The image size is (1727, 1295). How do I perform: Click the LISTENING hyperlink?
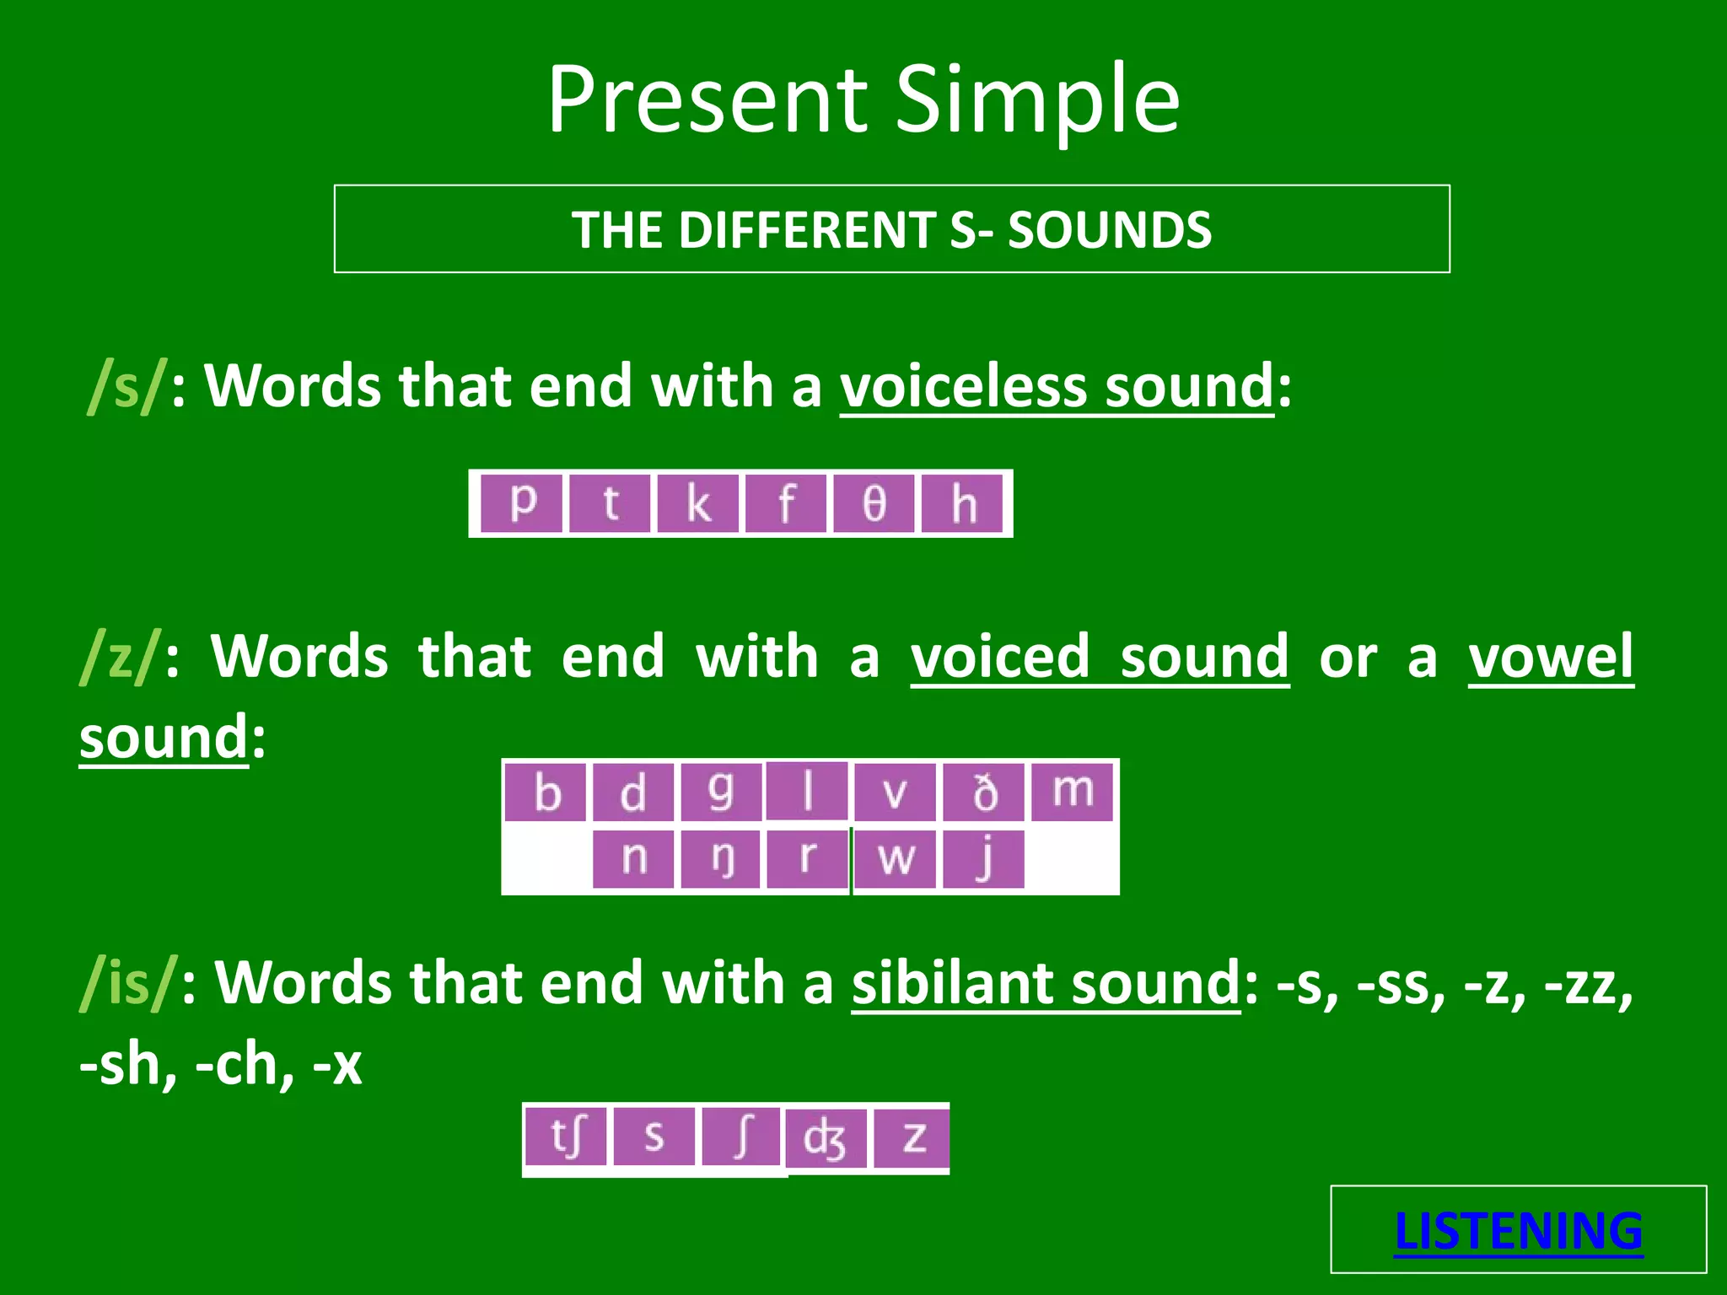(1518, 1231)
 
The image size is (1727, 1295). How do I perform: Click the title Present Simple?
(863, 99)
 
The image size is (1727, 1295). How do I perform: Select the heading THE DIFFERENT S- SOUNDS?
(891, 229)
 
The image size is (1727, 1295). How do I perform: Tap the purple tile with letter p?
(523, 503)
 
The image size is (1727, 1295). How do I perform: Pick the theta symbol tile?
(874, 503)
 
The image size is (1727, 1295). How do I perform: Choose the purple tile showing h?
(962, 503)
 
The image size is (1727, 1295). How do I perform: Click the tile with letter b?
(546, 792)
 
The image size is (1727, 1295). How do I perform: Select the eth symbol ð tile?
(983, 792)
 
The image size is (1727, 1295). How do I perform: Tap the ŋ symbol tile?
(721, 859)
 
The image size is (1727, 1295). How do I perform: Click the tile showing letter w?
(895, 859)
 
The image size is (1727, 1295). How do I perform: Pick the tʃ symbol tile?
(566, 1136)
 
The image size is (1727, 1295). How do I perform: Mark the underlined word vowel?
(1550, 656)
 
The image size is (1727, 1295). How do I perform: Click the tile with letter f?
(786, 503)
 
